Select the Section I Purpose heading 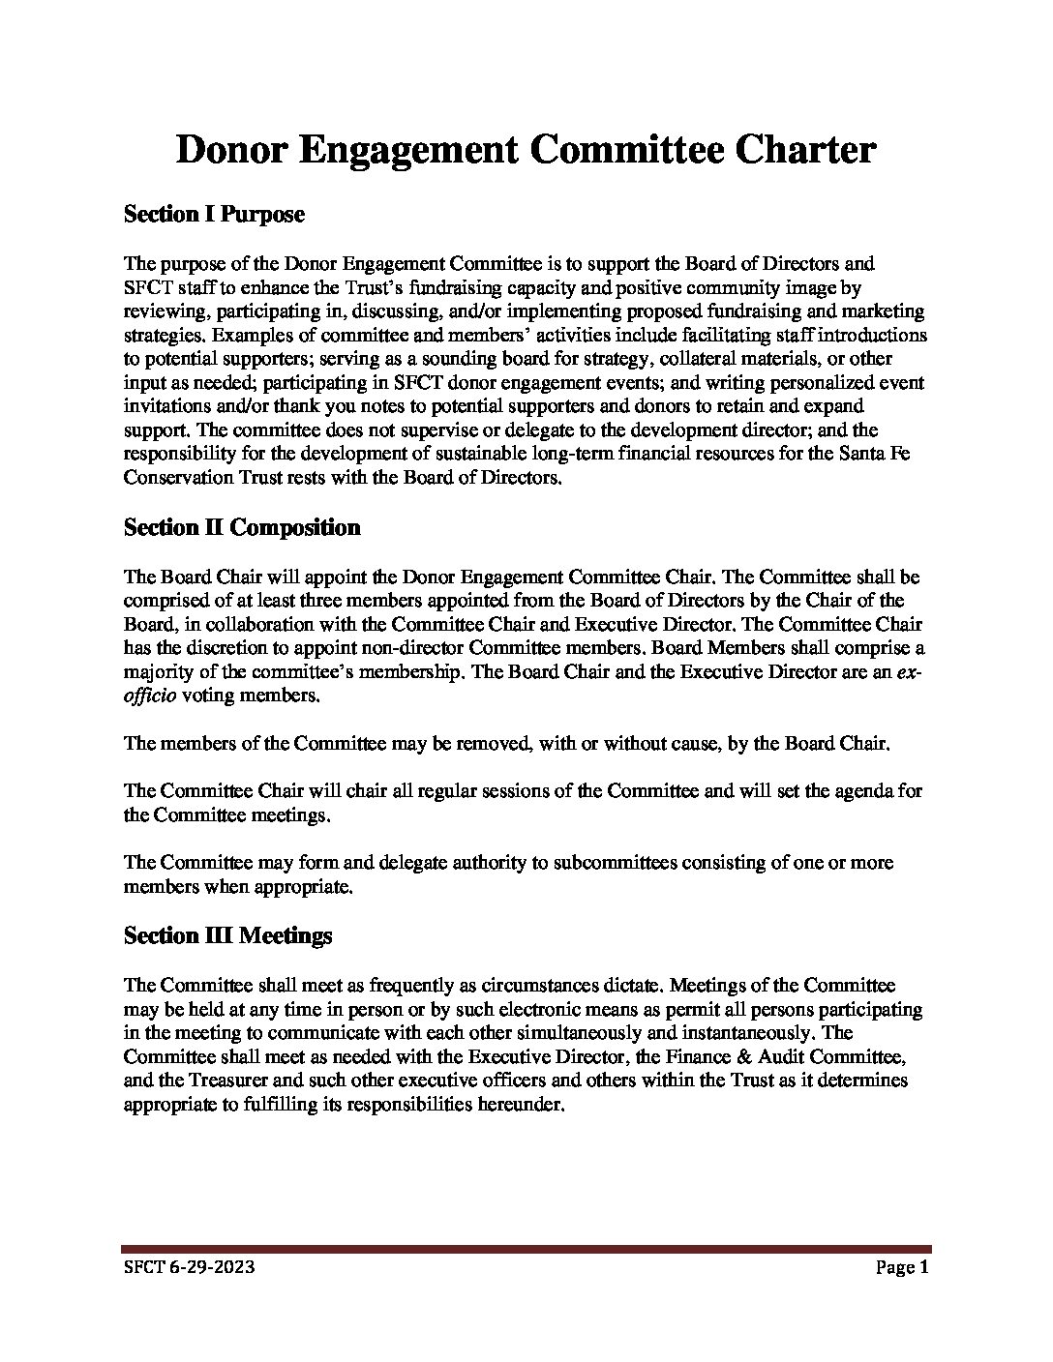click(x=214, y=215)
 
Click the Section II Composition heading click(x=242, y=528)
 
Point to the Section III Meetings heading click(x=227, y=936)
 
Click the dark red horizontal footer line click(x=526, y=1249)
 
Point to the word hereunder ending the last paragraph click(x=518, y=1105)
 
